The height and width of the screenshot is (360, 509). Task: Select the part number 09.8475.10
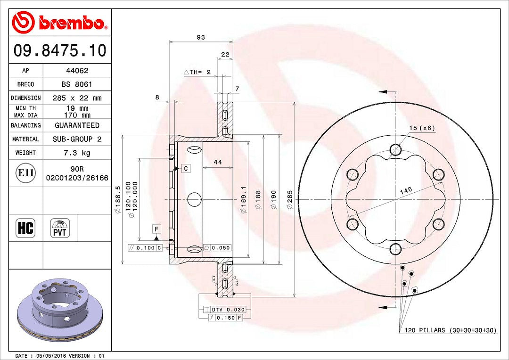click(x=60, y=50)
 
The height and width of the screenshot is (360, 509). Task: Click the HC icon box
click(x=25, y=228)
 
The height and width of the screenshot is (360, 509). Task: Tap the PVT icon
click(x=60, y=228)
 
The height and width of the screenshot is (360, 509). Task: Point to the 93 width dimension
click(x=201, y=38)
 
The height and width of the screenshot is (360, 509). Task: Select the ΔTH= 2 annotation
click(x=197, y=72)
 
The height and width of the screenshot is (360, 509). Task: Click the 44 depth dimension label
click(x=218, y=162)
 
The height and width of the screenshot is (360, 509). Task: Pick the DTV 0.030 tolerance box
click(x=227, y=309)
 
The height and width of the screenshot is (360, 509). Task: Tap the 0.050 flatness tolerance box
click(x=217, y=248)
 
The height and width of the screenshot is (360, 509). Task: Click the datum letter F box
click(x=156, y=229)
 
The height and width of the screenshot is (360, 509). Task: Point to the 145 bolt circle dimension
click(x=405, y=190)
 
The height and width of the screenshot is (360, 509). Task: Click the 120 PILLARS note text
click(x=450, y=330)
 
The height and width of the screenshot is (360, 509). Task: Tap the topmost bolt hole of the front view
click(x=395, y=150)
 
